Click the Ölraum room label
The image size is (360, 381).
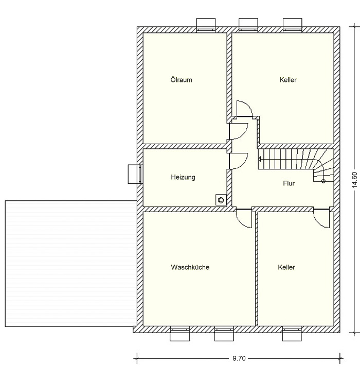coord(181,80)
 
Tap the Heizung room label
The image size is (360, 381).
coord(183,177)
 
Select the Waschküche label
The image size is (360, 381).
coord(190,267)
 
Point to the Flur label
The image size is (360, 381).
coord(289,183)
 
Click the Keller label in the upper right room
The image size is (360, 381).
coord(288,80)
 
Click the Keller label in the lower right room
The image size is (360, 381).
coord(286,267)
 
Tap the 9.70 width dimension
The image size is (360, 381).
coord(239,358)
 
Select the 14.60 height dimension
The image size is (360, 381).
coord(354,180)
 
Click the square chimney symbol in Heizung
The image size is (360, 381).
coord(221,200)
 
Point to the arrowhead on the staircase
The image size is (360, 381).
coord(259,160)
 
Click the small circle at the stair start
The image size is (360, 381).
coord(323,181)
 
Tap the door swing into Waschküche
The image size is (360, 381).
coord(244,218)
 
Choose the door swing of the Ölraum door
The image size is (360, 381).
coord(239,131)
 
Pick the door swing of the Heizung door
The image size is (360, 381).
coord(239,161)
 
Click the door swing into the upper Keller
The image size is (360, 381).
coord(245,109)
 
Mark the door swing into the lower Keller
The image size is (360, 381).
coord(321,218)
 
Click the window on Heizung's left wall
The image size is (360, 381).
coord(135,174)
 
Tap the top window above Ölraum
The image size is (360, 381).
coord(206,25)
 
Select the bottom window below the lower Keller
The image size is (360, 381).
coord(292,334)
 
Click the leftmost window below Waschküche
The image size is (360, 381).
coord(179,334)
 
